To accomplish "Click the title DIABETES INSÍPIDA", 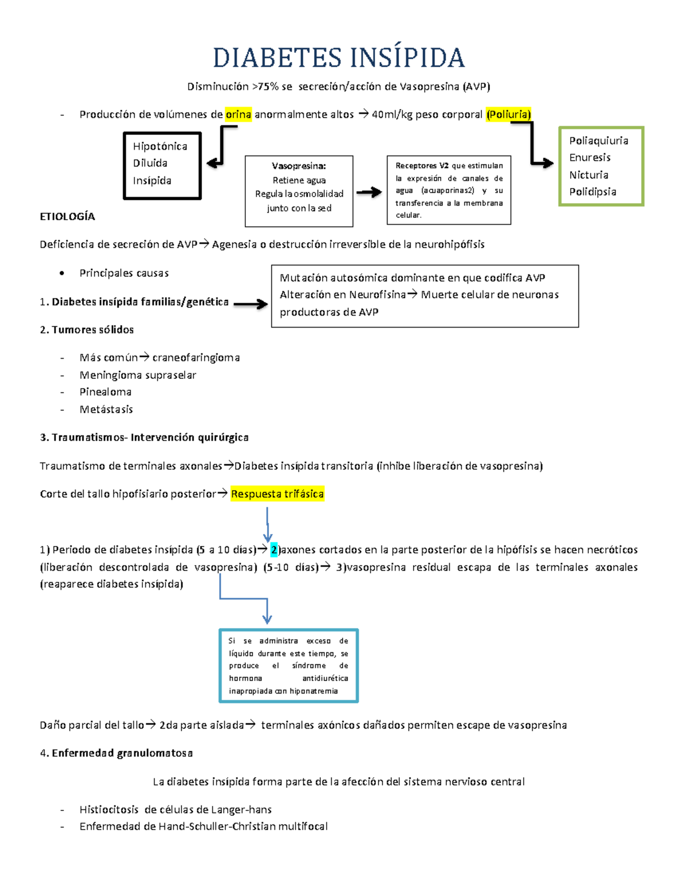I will tap(338, 58).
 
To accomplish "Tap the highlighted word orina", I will tap(238, 115).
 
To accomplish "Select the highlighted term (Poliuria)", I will tap(508, 115).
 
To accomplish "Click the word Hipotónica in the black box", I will tap(160, 146).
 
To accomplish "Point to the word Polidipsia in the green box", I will tap(593, 191).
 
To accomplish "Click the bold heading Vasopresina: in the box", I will tap(298, 166).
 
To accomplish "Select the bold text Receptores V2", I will tap(422, 165).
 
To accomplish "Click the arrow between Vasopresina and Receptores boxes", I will tap(369, 193).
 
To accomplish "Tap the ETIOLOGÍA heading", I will tap(67, 216).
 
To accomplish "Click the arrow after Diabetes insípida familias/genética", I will tap(250, 304).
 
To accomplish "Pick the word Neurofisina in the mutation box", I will tap(377, 295).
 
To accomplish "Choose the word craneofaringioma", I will tap(196, 357).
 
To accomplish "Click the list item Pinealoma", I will tap(105, 392).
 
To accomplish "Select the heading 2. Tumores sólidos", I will tap(87, 329).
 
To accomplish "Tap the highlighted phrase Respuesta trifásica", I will tap(277, 494).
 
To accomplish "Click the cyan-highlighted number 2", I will tap(274, 549).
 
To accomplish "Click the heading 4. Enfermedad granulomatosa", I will tap(116, 753).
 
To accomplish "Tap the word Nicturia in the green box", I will tap(589, 174).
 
